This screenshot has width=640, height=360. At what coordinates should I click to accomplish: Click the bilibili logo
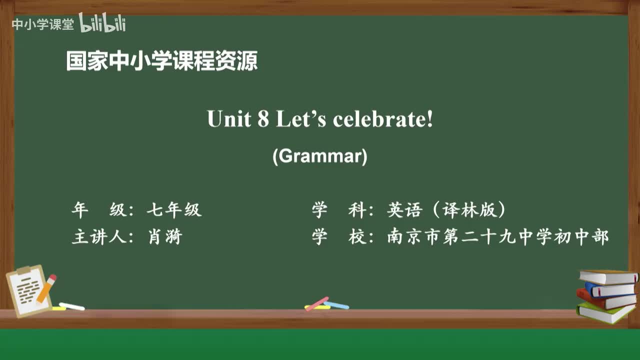tap(102, 23)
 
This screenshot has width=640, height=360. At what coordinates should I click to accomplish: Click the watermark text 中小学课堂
tap(42, 24)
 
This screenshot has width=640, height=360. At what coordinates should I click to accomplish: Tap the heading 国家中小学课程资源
tap(162, 61)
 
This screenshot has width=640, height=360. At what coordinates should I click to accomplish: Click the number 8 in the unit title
tap(263, 119)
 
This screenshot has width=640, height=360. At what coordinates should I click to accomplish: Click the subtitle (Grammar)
tap(320, 156)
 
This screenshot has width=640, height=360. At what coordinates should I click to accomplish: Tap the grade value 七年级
tap(174, 210)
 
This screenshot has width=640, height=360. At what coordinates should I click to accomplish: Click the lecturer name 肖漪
tap(165, 236)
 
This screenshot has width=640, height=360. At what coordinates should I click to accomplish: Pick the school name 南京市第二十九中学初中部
tap(498, 236)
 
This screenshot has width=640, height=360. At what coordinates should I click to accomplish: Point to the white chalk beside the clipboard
tap(71, 306)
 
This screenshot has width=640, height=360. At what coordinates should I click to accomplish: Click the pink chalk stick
tap(317, 303)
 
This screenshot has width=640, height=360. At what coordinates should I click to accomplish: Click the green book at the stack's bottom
tap(605, 312)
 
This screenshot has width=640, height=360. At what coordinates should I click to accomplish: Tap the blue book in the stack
tap(610, 289)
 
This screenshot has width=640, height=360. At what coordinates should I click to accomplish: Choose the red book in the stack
tap(605, 300)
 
